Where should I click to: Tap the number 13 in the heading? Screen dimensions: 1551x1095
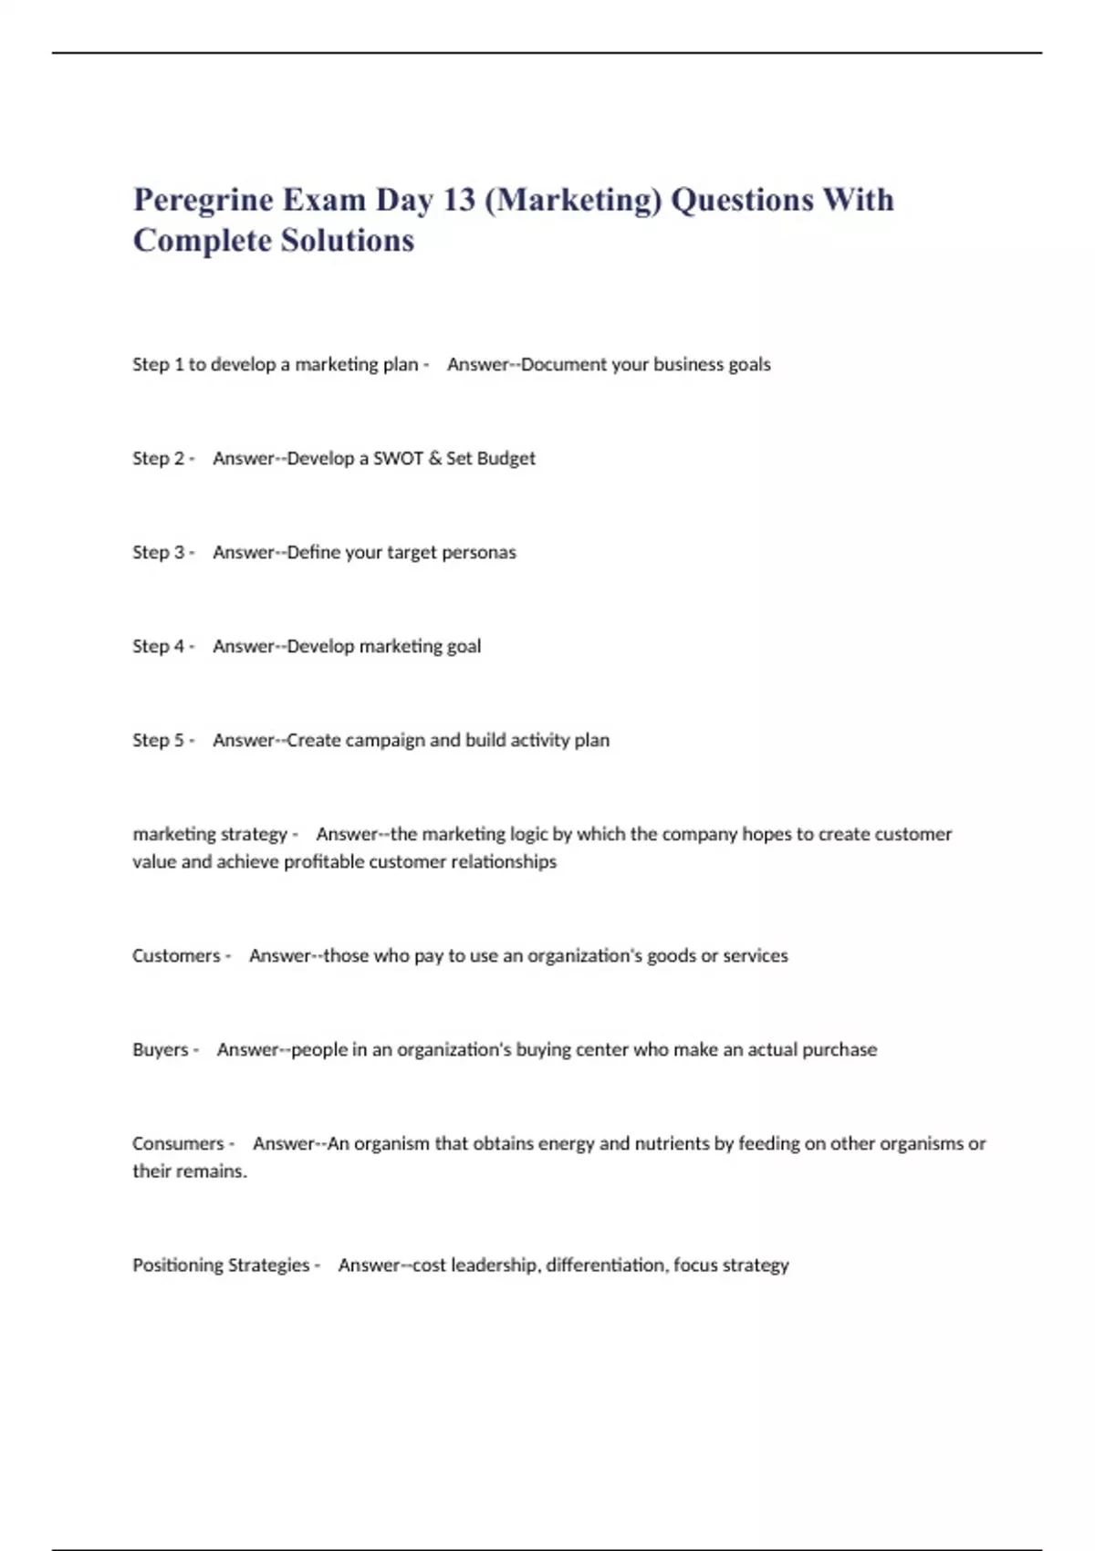(x=459, y=200)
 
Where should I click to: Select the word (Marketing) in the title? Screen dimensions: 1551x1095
(x=573, y=200)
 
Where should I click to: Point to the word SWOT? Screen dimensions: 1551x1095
(x=398, y=458)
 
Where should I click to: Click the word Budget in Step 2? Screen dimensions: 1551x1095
(x=506, y=458)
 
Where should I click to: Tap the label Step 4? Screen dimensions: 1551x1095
(x=159, y=646)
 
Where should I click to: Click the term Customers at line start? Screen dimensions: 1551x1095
(x=176, y=955)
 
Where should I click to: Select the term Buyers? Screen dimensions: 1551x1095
(x=160, y=1049)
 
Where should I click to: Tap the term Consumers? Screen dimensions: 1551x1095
(x=178, y=1143)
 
